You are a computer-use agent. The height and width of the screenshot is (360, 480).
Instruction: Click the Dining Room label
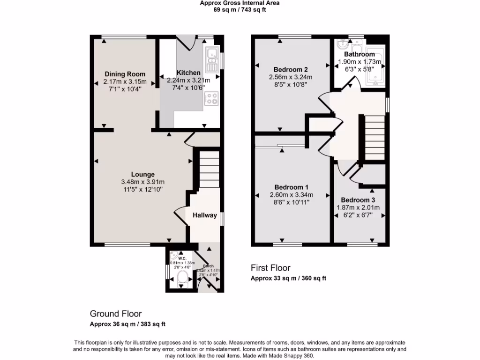125,74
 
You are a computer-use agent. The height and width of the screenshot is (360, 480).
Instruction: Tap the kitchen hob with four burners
212,98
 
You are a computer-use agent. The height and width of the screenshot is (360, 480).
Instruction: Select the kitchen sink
212,57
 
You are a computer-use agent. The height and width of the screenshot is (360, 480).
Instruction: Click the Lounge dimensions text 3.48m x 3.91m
143,182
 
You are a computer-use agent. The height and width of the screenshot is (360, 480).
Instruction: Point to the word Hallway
204,216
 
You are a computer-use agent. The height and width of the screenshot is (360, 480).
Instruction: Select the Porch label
208,266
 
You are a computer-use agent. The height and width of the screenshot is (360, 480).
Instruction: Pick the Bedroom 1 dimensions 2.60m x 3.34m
291,195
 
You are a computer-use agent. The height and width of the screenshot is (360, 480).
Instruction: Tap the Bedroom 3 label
358,200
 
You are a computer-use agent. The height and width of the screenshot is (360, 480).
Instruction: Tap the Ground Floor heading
116,314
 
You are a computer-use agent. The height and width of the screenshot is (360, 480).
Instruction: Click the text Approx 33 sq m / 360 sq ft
288,278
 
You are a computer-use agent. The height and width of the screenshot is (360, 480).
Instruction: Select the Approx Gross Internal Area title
240,3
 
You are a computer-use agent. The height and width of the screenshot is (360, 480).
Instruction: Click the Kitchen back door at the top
186,43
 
